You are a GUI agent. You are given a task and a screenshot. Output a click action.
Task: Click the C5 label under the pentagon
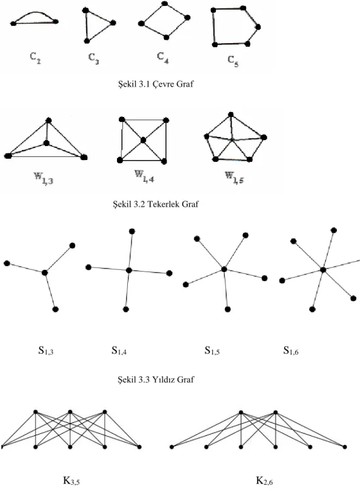233,61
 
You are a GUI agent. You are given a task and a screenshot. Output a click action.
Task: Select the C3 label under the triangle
93,59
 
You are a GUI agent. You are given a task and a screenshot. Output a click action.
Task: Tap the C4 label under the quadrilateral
162,58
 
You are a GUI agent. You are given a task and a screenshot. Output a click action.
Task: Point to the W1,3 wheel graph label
44,179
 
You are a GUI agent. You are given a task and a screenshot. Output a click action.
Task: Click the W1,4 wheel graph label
144,176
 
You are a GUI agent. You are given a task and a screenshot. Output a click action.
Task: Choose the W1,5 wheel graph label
234,178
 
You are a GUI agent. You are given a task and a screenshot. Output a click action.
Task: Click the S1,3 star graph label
46,350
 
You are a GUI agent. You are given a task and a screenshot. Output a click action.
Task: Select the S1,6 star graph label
290,350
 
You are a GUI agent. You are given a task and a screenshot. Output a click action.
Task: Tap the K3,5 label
72,481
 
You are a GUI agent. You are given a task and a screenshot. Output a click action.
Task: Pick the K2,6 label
264,481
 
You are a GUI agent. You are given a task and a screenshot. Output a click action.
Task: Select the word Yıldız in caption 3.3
163,379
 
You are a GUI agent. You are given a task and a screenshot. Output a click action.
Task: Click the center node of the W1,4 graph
143,140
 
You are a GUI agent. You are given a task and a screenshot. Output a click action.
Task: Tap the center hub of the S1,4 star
128,270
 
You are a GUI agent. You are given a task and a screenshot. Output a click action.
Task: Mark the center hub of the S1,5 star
224,270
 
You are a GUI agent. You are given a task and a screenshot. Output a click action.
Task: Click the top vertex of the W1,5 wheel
231,115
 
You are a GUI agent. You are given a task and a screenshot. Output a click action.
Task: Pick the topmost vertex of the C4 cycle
164,4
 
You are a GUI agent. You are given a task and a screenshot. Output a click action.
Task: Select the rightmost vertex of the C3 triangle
113,23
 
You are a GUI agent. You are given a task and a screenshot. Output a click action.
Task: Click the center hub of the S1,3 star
45,273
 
